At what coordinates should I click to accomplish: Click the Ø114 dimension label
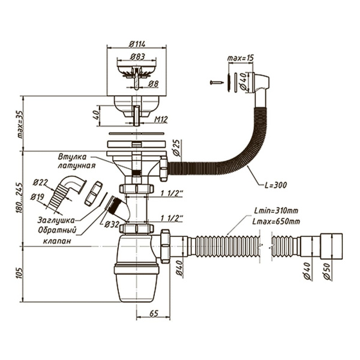point(137,44)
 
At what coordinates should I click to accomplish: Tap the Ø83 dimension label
point(137,56)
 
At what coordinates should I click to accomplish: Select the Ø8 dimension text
point(153,84)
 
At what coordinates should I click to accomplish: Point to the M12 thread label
point(161,119)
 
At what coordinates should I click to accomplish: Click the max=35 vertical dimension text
point(20,124)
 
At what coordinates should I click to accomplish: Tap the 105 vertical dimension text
point(19,273)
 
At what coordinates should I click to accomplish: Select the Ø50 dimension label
point(327,271)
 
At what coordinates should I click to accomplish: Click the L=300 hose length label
point(275,185)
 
